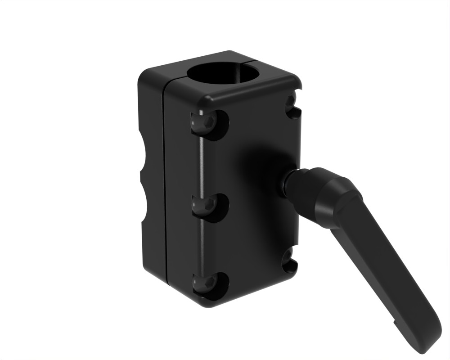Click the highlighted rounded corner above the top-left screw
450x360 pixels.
208,100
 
